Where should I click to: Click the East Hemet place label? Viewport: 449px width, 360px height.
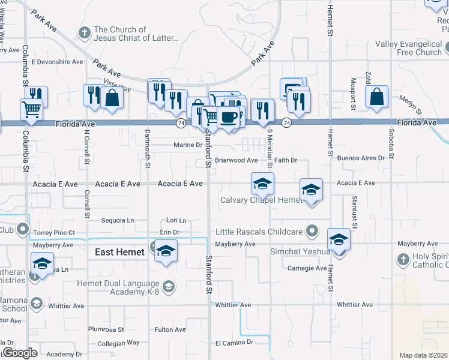[x=119, y=252]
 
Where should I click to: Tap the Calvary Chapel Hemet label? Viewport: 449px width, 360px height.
[x=261, y=200]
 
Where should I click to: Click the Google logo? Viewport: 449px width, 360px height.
[x=20, y=352]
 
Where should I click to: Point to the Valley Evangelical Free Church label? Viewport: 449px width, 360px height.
[x=408, y=48]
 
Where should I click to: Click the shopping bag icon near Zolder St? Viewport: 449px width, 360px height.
[x=376, y=97]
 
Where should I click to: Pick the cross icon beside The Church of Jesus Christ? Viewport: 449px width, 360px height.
[x=85, y=32]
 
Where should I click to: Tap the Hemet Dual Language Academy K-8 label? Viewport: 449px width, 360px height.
[x=118, y=287]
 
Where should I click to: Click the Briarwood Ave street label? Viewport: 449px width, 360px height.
[x=237, y=160]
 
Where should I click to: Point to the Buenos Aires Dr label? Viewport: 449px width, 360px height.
[x=360, y=158]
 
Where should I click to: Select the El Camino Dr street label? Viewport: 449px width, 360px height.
[x=235, y=343]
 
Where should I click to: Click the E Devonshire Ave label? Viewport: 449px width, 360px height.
[x=57, y=62]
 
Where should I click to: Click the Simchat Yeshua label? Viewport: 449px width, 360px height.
[x=300, y=251]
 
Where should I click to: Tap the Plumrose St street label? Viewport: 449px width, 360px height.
[x=106, y=329]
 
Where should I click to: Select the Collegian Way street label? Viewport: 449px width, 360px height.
[x=118, y=343]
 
